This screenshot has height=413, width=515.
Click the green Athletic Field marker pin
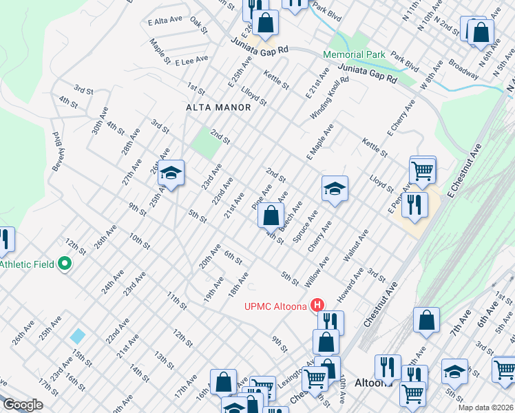65,264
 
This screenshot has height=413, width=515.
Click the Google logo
23,405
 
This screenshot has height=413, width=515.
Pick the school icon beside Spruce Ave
335,189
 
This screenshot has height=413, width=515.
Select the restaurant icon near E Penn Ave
415,204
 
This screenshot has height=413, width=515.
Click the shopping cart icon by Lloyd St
422,169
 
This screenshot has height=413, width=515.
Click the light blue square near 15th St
78,337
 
